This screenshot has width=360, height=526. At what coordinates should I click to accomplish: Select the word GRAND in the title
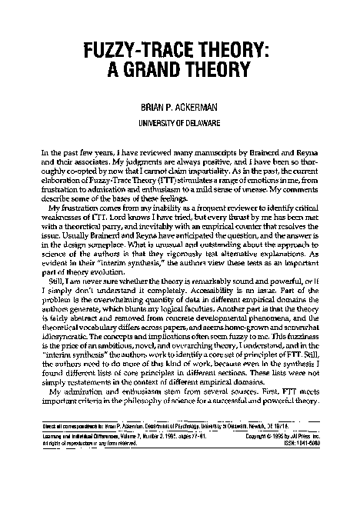pyautogui.click(x=180, y=71)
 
